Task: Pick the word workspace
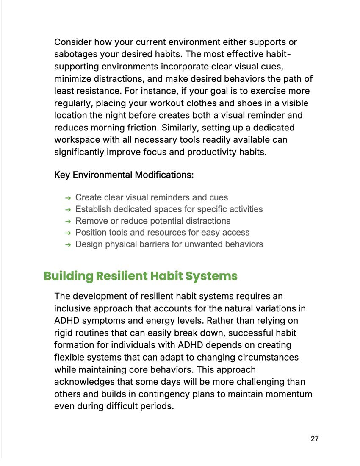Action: [x=76, y=140]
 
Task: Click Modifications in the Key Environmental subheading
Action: [x=164, y=175]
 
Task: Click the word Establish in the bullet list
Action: [x=92, y=209]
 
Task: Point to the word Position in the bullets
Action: [x=91, y=233]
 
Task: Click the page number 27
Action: [x=314, y=439]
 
